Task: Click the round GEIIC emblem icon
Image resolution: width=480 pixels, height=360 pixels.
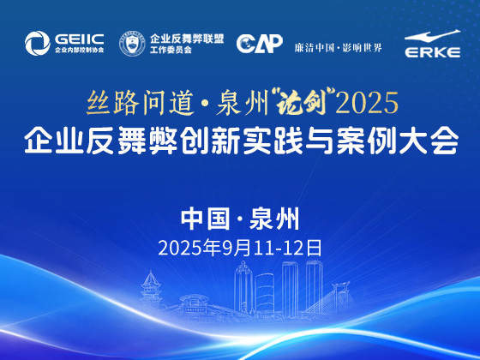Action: point(38,43)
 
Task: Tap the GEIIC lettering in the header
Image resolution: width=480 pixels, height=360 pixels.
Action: point(79,39)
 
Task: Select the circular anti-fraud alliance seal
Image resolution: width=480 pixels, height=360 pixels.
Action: point(132,44)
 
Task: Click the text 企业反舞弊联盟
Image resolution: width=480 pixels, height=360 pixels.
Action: point(187,39)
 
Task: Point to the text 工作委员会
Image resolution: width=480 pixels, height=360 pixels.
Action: point(171,50)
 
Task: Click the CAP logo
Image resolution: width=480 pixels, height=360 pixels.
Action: point(260,43)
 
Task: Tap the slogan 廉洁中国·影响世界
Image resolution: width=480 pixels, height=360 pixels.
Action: point(339,48)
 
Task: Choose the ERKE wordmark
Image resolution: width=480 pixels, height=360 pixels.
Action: point(433,52)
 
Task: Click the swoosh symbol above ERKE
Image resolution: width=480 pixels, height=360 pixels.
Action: point(432,36)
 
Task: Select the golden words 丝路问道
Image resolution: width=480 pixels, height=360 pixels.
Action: point(141,103)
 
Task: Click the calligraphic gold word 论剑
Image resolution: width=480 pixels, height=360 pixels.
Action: point(301,103)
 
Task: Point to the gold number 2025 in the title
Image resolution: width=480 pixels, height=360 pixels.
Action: point(367,103)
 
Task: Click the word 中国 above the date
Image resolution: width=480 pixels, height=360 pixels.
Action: point(206,219)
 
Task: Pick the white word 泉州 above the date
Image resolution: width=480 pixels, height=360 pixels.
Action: point(274,219)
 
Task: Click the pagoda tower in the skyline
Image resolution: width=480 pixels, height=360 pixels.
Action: point(151,289)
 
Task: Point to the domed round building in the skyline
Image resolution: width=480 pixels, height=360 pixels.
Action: point(194,303)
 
